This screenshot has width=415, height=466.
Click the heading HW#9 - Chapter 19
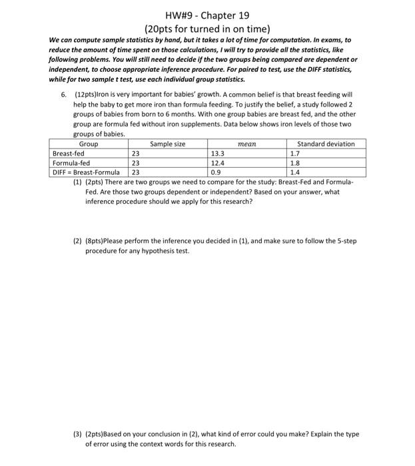(x=207, y=15)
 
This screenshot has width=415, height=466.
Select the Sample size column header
(x=168, y=144)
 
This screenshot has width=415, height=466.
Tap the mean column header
(x=247, y=144)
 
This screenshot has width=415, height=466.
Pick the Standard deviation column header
(x=326, y=144)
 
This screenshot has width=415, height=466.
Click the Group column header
(x=89, y=144)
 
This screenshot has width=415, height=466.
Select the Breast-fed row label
(x=69, y=153)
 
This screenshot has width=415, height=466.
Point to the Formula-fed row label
(x=71, y=162)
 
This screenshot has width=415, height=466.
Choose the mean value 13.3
(x=217, y=153)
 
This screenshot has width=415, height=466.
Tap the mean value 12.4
(x=217, y=162)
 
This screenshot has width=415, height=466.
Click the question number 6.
(x=64, y=95)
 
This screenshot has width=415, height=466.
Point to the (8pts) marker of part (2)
(x=98, y=241)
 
